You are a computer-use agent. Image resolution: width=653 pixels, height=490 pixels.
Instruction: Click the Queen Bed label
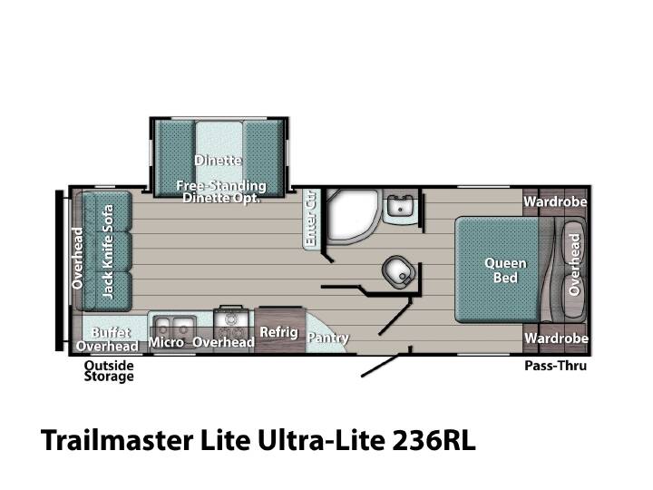coord(505,270)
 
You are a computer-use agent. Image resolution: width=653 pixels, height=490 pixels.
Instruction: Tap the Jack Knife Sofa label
coord(107,251)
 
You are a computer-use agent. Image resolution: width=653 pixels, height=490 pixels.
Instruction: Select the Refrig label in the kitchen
coord(278,332)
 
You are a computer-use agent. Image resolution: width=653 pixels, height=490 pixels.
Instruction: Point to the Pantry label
coord(327,338)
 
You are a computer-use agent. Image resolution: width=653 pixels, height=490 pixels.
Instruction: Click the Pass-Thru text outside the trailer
coord(555,366)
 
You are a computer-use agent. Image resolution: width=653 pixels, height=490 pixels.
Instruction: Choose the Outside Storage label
coord(109,371)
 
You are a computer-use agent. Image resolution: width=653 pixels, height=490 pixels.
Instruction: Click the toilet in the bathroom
coord(398,270)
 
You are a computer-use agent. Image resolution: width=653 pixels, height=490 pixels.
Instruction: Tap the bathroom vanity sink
coord(399,206)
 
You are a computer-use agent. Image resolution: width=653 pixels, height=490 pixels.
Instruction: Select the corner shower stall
coord(353,216)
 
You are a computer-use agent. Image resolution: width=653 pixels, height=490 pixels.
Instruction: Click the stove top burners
coord(231,326)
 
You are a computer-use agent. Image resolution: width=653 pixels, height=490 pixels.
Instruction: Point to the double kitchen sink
coord(173,327)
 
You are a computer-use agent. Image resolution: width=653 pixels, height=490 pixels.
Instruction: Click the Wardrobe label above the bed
coord(555,201)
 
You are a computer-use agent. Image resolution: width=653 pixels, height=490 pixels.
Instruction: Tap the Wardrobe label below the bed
coord(556,338)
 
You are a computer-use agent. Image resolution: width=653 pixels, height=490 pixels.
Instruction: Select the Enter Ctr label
coord(311,218)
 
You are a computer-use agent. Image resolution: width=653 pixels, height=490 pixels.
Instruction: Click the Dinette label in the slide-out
coord(218,161)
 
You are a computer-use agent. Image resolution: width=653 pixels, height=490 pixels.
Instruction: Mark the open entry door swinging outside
coord(379,366)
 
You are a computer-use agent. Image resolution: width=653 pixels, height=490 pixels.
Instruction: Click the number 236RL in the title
coord(434,440)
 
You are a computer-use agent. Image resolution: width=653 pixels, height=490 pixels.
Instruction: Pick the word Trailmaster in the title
coord(117,440)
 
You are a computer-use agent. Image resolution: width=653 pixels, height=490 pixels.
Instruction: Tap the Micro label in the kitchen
coord(166,342)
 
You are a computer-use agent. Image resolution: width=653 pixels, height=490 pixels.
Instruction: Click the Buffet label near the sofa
coord(111,332)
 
